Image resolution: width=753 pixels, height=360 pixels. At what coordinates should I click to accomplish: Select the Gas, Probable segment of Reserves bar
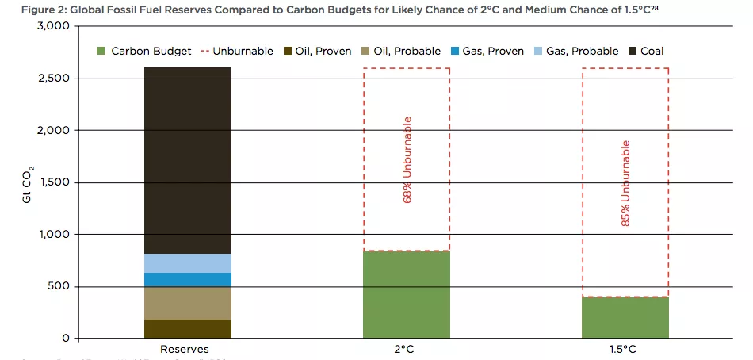[x=188, y=263]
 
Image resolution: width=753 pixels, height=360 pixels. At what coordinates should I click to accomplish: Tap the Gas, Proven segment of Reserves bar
[x=188, y=280]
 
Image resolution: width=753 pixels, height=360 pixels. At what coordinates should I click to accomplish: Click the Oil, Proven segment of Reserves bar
[x=188, y=329]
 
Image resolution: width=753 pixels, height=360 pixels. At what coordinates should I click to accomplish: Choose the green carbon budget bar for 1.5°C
[x=625, y=318]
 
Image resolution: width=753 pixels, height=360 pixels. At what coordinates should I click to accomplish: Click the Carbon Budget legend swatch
[x=100, y=52]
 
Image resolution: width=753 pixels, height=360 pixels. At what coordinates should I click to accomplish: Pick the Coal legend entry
[x=645, y=52]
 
